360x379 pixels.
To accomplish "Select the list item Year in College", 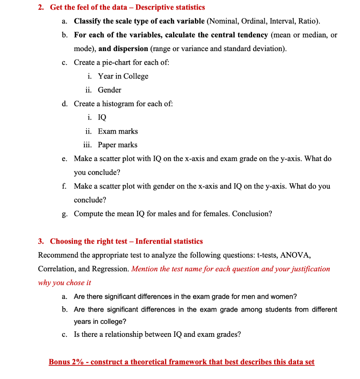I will tap(123, 76).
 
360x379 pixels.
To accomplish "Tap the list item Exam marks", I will tap(118, 131).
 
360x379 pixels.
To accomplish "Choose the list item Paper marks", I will tap(117, 145).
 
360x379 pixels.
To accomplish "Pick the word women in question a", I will tap(285, 297).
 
